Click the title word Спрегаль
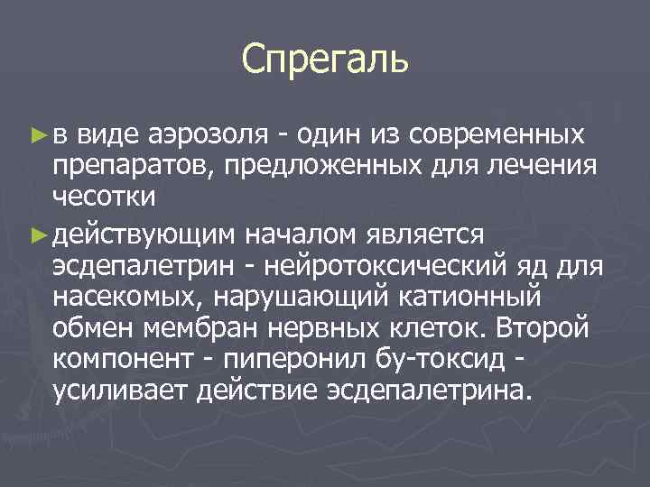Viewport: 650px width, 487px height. pos(325,60)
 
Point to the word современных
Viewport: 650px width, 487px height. pos(496,135)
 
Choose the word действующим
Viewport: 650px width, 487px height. pos(145,235)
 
